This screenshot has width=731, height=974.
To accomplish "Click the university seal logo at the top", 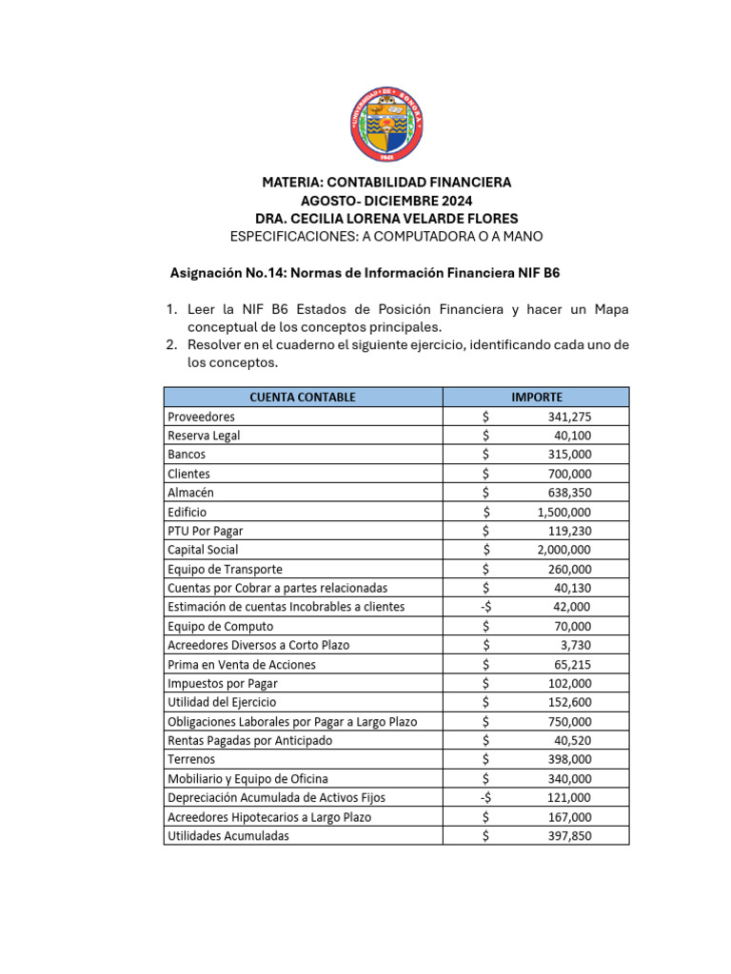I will [x=386, y=124].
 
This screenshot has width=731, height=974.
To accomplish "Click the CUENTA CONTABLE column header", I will [x=302, y=397].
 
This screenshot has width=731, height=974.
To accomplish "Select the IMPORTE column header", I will [x=536, y=397].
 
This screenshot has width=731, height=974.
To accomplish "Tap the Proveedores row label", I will [x=201, y=417].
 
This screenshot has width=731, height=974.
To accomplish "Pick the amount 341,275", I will [x=569, y=417].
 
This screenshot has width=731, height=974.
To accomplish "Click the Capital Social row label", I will [x=203, y=550].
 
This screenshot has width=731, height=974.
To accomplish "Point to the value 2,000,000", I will [x=563, y=550].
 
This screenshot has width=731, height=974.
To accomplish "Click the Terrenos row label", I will [x=191, y=760].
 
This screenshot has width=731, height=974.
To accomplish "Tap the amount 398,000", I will [x=569, y=760].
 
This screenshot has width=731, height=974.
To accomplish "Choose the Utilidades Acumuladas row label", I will [x=228, y=836].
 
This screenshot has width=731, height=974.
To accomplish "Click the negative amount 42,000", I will [x=572, y=607].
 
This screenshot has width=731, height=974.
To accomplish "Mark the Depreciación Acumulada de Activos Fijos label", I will [x=276, y=798].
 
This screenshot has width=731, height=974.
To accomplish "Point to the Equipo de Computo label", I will [x=220, y=626].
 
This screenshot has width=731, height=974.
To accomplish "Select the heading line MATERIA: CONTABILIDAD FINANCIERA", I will [x=386, y=182].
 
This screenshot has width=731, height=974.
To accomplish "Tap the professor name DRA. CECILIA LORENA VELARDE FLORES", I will [x=386, y=218].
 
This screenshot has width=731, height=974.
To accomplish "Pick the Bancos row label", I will [x=187, y=455].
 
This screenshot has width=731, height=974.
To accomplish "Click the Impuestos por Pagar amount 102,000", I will [x=569, y=683].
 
